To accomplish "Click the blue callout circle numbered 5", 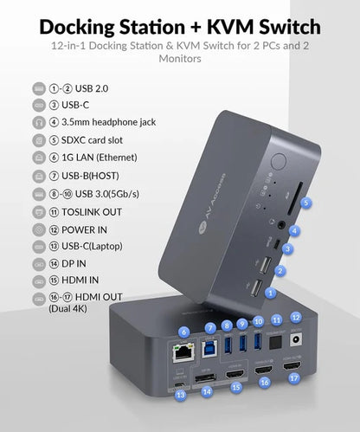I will click(x=305, y=203).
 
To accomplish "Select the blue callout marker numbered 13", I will click(x=180, y=394).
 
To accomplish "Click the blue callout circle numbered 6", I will click(x=183, y=332).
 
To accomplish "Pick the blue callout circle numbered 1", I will click(x=271, y=293).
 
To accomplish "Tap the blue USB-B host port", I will click(x=210, y=352).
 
